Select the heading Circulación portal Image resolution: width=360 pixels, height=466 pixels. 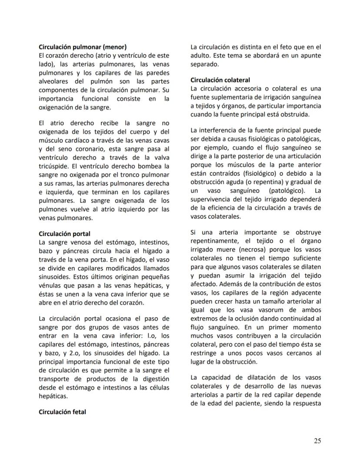pos(64,234)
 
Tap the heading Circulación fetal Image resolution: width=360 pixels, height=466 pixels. pos(62,412)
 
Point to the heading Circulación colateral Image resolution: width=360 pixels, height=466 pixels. pos(220,80)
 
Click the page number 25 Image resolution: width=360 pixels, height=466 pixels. pos(317,441)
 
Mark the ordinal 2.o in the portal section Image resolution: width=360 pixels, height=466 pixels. pos(83,353)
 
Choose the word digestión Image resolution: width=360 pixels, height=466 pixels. pos(154,379)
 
